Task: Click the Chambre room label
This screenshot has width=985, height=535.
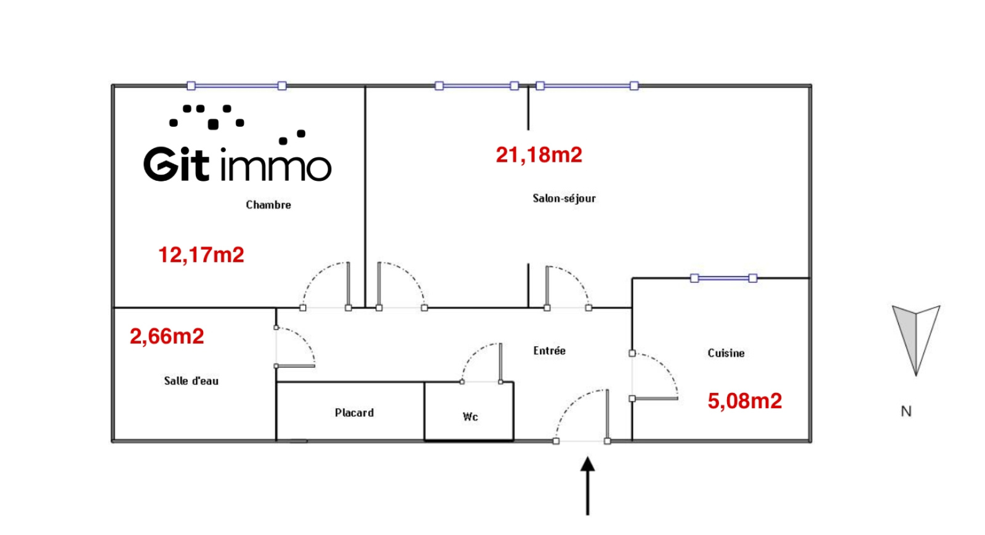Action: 268,205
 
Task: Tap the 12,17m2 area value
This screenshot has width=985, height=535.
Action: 201,255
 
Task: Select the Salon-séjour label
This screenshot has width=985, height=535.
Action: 564,198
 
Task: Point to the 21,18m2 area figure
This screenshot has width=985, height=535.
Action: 539,154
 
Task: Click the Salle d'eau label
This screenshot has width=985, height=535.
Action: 191,381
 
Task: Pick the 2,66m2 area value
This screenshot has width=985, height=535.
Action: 167,336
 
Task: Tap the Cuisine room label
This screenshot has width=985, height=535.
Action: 726,353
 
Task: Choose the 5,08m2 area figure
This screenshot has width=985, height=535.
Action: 744,401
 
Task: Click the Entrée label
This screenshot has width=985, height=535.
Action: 549,351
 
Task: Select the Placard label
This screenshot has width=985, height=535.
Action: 354,413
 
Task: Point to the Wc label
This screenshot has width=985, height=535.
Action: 470,417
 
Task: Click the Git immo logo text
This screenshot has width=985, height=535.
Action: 237,164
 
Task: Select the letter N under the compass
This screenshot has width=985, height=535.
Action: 906,411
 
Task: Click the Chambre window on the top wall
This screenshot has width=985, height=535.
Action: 236,86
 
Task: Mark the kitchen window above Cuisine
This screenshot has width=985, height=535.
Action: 723,279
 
